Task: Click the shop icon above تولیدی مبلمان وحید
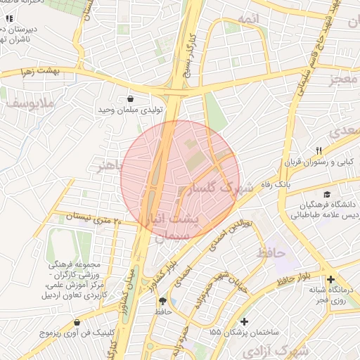pyautogui.click(x=132, y=99)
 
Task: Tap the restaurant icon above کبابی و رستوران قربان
pyautogui.click(x=318, y=150)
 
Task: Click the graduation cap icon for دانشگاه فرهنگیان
pyautogui.click(x=326, y=195)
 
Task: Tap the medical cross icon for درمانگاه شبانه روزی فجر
pyautogui.click(x=330, y=279)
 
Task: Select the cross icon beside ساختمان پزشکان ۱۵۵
pyautogui.click(x=244, y=321)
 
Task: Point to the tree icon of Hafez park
pyautogui.click(x=163, y=301)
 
